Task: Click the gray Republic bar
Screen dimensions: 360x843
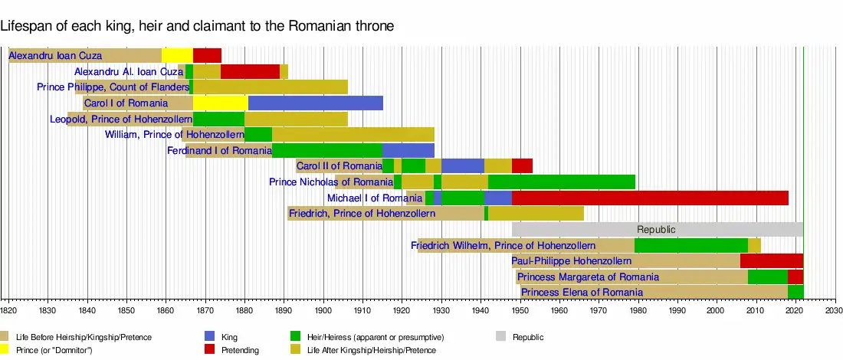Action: pos(657,229)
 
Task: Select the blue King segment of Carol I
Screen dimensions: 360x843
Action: pos(315,103)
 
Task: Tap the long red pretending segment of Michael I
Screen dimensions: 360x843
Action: pos(649,198)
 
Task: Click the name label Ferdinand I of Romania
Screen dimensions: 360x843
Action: pos(219,151)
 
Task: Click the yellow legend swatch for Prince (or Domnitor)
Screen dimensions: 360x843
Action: pos(5,350)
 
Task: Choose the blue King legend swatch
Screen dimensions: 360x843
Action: pos(209,336)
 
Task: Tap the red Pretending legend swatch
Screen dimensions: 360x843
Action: pos(209,350)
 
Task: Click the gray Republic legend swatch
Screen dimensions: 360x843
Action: pos(501,336)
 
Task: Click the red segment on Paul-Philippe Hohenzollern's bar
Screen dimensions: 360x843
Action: pos(771,260)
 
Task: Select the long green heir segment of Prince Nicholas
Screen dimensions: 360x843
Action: pos(561,182)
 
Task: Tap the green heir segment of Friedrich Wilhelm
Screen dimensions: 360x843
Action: pos(690,245)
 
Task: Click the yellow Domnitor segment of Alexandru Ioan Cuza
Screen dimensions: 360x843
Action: pos(177,55)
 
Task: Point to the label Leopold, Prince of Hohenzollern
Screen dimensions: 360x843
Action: pos(120,119)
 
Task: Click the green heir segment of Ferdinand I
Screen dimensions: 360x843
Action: pos(326,150)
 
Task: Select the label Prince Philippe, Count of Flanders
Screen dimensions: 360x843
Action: pos(113,87)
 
